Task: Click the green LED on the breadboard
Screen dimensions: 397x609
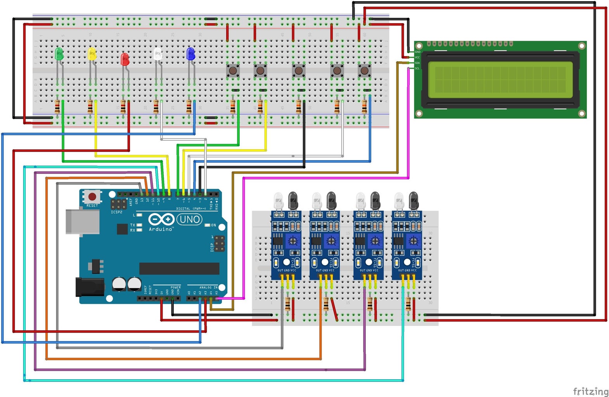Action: click(59, 54)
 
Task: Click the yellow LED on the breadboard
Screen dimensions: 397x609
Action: click(92, 54)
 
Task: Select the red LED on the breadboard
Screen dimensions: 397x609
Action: click(125, 59)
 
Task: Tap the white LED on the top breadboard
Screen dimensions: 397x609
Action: click(157, 54)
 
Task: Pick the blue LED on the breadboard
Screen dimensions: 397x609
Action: click(190, 54)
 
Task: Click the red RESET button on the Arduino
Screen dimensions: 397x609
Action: click(92, 197)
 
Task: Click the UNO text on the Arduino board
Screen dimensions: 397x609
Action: click(190, 219)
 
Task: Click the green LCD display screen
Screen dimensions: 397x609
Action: click(500, 79)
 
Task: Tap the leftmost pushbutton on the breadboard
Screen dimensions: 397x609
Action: click(233, 71)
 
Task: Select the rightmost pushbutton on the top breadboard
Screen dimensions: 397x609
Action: click(364, 71)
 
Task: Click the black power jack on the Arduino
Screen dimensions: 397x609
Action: click(90, 287)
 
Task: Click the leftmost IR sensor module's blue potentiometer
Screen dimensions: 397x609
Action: click(293, 242)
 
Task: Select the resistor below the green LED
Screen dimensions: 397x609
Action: click(57, 107)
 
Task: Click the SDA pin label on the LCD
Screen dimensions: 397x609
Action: click(417, 63)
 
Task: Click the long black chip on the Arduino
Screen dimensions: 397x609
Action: click(179, 268)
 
